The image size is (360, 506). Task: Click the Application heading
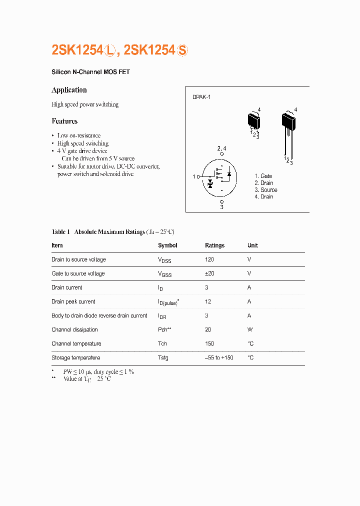69,90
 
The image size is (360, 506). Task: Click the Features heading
64,121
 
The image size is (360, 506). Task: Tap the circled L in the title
110,50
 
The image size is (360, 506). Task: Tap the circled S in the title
182,50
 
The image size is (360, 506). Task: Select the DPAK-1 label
201,97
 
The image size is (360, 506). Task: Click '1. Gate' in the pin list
263,176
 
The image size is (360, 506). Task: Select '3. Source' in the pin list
265,190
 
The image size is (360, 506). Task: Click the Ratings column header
214,245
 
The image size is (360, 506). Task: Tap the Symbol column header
167,245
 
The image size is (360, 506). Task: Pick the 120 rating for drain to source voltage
209,259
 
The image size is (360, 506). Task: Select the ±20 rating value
209,273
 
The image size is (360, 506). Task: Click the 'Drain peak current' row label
73,301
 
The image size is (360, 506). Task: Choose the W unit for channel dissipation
250,329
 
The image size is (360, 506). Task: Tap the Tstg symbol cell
163,357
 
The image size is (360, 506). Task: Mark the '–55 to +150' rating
219,357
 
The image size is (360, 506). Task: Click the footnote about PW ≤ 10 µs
98,372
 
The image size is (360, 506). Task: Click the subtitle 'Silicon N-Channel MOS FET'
90,72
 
